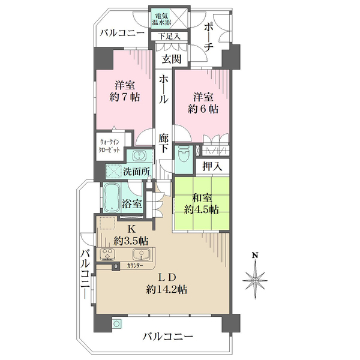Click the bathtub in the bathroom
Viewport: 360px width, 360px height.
[112, 199]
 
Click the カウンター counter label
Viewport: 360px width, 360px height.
[134, 265]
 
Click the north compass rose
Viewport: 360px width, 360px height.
[255, 279]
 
